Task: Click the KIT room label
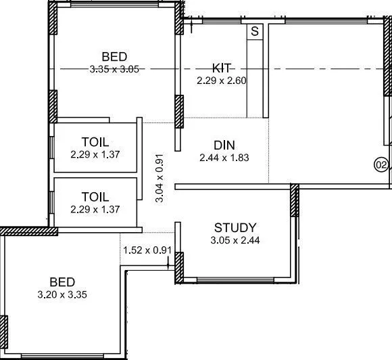[x=222, y=68]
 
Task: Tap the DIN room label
[x=224, y=145]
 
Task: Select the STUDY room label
[x=235, y=227]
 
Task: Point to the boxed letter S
[x=255, y=31]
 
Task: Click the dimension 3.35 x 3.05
[x=114, y=68]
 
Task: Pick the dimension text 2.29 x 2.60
[x=222, y=81]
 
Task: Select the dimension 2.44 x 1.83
[x=224, y=158]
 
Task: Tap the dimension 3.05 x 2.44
[x=235, y=240]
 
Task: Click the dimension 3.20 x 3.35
[x=62, y=294]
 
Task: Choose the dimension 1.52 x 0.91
[x=147, y=250]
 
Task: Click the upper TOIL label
[x=95, y=142]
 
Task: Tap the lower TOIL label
[x=95, y=197]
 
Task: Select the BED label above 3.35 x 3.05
[x=114, y=55]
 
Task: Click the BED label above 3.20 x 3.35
[x=62, y=282]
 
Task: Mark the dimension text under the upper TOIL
[x=95, y=154]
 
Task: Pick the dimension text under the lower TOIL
[x=95, y=209]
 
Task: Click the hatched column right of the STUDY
[x=294, y=200]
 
